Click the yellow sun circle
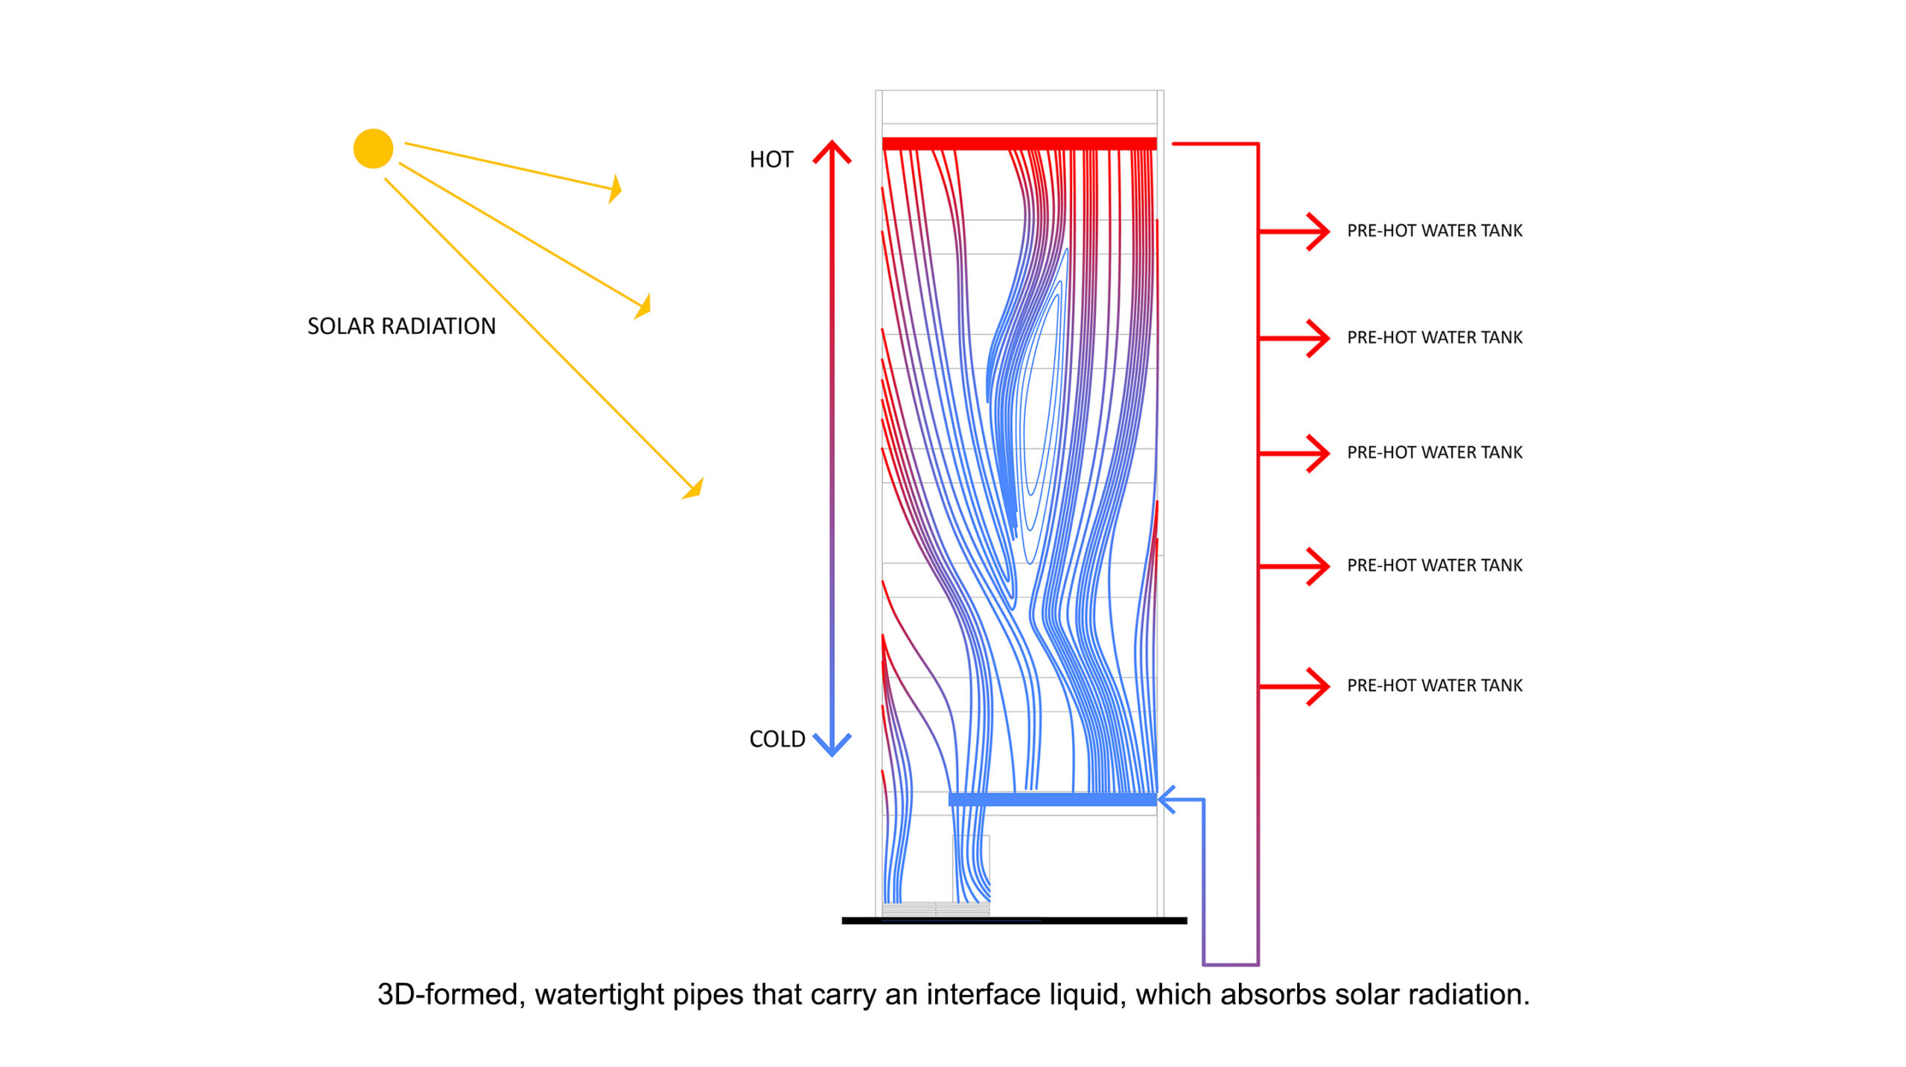pos(373,149)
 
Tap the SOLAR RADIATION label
pos(401,326)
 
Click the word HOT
pos(771,159)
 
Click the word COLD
pos(777,739)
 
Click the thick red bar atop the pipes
pos(1019,144)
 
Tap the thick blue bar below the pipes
pos(1051,800)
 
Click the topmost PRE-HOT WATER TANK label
pos(1434,231)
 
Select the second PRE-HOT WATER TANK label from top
pos(1434,337)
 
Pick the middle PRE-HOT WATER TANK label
pos(1434,452)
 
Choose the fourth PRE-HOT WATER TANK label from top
pos(1434,565)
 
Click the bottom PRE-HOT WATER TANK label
pos(1434,685)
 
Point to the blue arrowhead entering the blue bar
pos(1167,800)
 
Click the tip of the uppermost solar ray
pos(616,188)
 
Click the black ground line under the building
pos(1014,920)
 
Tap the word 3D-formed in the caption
pos(447,995)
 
